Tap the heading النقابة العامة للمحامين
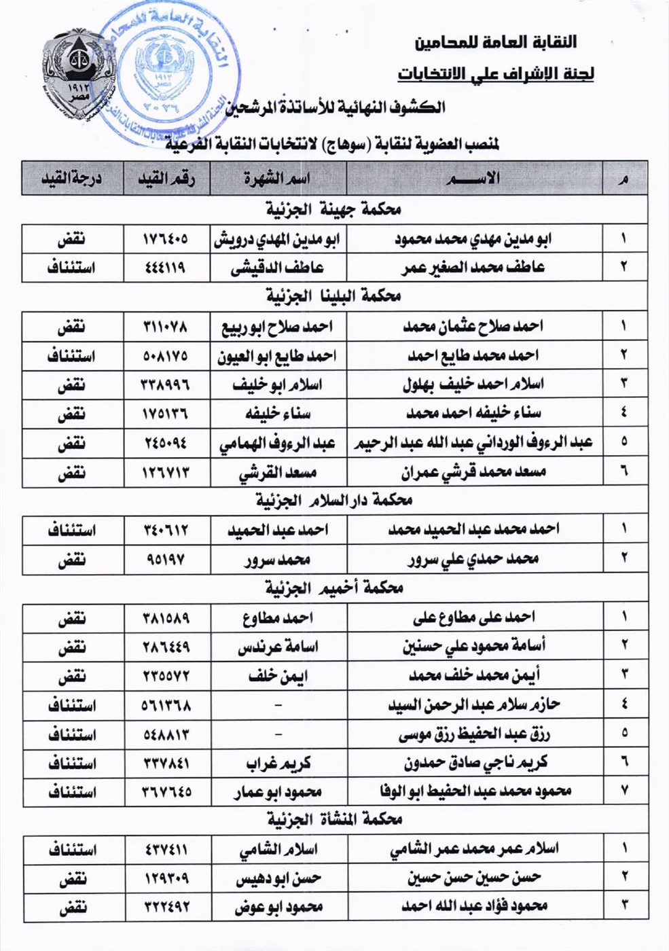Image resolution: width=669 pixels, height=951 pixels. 496,42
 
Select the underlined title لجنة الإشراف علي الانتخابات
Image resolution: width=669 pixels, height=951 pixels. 496,73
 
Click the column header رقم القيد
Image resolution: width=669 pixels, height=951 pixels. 166,179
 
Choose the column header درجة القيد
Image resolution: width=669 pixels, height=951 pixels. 72,179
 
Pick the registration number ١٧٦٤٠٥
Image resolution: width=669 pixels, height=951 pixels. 166,239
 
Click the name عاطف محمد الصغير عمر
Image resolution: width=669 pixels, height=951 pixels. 473,268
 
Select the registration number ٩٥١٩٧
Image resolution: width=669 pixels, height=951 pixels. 166,559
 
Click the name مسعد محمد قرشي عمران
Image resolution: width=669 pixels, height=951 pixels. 473,471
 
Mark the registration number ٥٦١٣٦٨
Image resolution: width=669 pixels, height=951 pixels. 166,705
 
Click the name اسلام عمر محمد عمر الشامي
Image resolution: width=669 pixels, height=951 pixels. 473,849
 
